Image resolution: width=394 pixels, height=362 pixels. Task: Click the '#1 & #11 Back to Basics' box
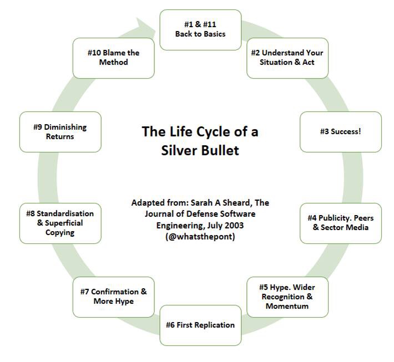click(200, 29)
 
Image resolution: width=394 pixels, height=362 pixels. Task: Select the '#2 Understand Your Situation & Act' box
click(287, 58)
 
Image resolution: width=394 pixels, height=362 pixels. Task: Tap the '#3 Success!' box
click(341, 132)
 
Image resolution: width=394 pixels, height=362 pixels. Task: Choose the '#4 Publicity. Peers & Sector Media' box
click(341, 223)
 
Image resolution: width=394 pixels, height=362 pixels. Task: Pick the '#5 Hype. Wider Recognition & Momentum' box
click(287, 297)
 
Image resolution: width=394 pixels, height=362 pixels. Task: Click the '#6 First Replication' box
click(200, 325)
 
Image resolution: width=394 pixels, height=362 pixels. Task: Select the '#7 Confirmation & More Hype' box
click(114, 297)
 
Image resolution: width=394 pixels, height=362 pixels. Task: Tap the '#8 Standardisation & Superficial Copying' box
click(60, 223)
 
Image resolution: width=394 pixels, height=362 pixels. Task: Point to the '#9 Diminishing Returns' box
click(60, 132)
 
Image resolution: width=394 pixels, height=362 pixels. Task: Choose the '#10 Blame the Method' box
click(114, 58)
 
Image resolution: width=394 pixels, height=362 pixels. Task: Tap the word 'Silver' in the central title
click(180, 150)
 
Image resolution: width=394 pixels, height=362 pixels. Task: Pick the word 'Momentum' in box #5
click(287, 306)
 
